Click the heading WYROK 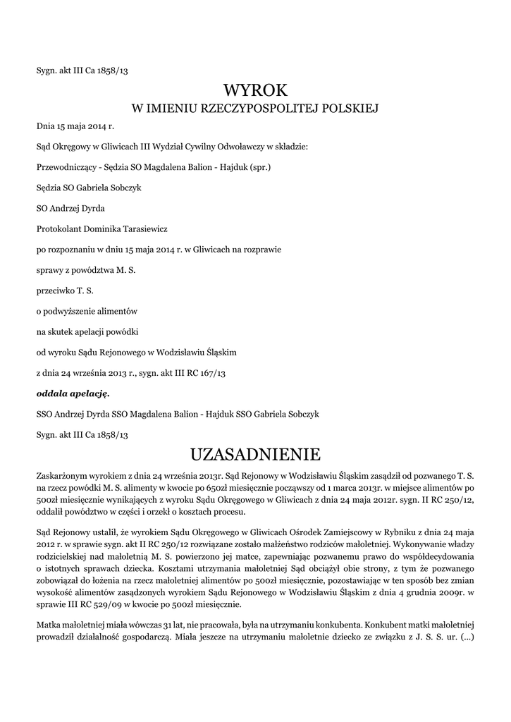pyautogui.click(x=255, y=90)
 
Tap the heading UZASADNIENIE pyautogui.click(x=255, y=451)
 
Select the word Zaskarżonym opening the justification pyautogui.click(x=64, y=471)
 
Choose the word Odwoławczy pyautogui.click(x=209, y=147)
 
